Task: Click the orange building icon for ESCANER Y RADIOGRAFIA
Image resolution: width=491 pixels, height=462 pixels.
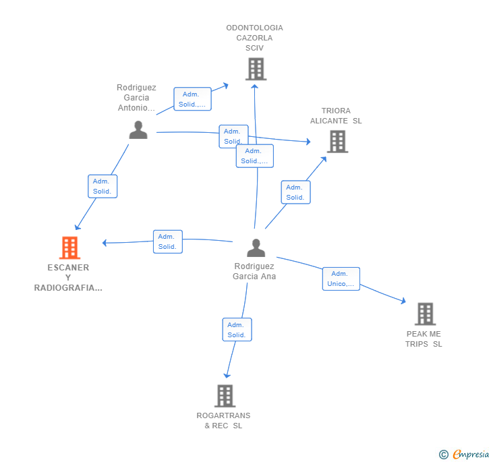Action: click(x=70, y=248)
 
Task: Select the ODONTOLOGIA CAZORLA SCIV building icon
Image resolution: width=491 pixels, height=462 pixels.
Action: click(x=256, y=69)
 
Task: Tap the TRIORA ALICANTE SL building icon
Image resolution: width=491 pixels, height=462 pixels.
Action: click(x=337, y=142)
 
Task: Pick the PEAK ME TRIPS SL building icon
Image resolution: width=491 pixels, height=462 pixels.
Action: click(x=425, y=314)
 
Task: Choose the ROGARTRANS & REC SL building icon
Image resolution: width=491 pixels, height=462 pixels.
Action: click(x=225, y=396)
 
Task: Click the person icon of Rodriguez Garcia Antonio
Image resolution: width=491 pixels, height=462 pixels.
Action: click(x=138, y=130)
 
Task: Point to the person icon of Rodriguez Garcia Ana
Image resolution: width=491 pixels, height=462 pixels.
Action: click(x=256, y=248)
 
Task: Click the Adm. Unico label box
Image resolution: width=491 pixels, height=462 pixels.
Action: click(x=341, y=279)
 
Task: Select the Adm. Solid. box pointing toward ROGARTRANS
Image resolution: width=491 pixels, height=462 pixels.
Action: click(x=237, y=330)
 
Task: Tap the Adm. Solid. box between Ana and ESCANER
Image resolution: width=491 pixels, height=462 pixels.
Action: click(x=168, y=241)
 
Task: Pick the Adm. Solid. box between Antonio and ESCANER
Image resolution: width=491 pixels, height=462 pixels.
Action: click(x=103, y=186)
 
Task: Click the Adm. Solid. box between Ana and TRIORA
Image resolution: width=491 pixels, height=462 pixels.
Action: click(x=295, y=192)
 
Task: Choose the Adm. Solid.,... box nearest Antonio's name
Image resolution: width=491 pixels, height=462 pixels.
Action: click(x=193, y=99)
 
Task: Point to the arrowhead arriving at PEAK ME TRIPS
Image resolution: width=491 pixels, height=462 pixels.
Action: click(x=403, y=301)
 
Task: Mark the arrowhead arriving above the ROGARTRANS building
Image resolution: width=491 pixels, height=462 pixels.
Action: click(x=227, y=375)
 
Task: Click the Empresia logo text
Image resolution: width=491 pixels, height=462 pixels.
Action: click(x=471, y=454)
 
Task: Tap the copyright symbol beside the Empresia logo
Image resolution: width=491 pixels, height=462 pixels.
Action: click(x=443, y=454)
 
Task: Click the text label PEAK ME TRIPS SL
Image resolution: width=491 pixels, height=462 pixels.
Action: click(x=424, y=339)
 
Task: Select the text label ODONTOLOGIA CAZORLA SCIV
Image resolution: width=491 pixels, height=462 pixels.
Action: click(x=254, y=38)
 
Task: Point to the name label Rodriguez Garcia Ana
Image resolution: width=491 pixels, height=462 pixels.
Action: click(x=254, y=271)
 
